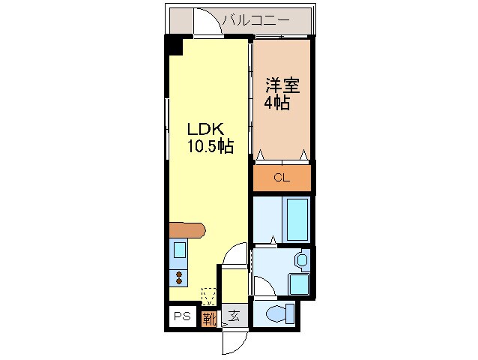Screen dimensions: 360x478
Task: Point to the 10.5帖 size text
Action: coord(210,146)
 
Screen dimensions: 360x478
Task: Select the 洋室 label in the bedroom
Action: coord(282,85)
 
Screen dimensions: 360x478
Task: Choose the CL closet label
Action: coord(281,178)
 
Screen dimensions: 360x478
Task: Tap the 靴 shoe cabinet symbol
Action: coord(209,317)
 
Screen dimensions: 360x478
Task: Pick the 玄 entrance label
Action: coord(234,316)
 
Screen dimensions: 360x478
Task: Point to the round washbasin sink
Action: coord(301,260)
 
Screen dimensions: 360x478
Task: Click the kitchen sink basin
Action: coord(180,250)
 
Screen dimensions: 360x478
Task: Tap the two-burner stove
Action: coord(180,278)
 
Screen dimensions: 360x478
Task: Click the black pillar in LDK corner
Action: coord(175,44)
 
